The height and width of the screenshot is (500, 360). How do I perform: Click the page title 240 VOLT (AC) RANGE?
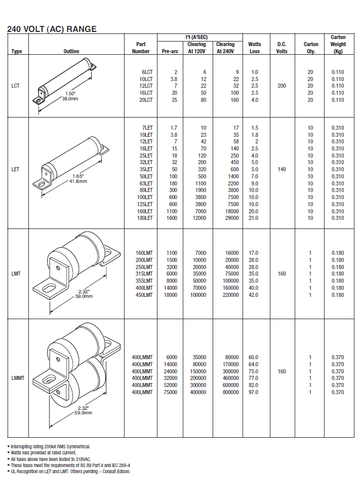52,29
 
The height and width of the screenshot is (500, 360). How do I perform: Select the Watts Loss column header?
255,48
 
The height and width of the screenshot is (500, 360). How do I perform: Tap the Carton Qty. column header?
311,48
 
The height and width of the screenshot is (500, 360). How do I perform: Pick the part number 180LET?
145,218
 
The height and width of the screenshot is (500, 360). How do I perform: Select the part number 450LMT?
144,295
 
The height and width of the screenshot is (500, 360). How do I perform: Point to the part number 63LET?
146,183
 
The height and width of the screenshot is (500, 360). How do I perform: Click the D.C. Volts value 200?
282,86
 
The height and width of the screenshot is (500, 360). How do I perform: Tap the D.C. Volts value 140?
282,169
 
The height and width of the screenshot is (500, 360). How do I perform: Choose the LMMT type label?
18,378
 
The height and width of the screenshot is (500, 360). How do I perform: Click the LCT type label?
15,86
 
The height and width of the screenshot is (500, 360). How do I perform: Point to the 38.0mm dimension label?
70,99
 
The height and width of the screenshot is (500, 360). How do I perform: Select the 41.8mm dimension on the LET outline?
78,181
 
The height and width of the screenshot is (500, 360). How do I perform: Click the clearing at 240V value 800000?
231,392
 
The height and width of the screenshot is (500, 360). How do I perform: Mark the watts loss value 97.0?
254,392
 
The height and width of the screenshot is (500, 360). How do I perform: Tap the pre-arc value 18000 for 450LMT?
171,295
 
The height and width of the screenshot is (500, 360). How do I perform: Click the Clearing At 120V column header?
196,48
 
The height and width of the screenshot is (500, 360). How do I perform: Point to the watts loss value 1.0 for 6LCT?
255,72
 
